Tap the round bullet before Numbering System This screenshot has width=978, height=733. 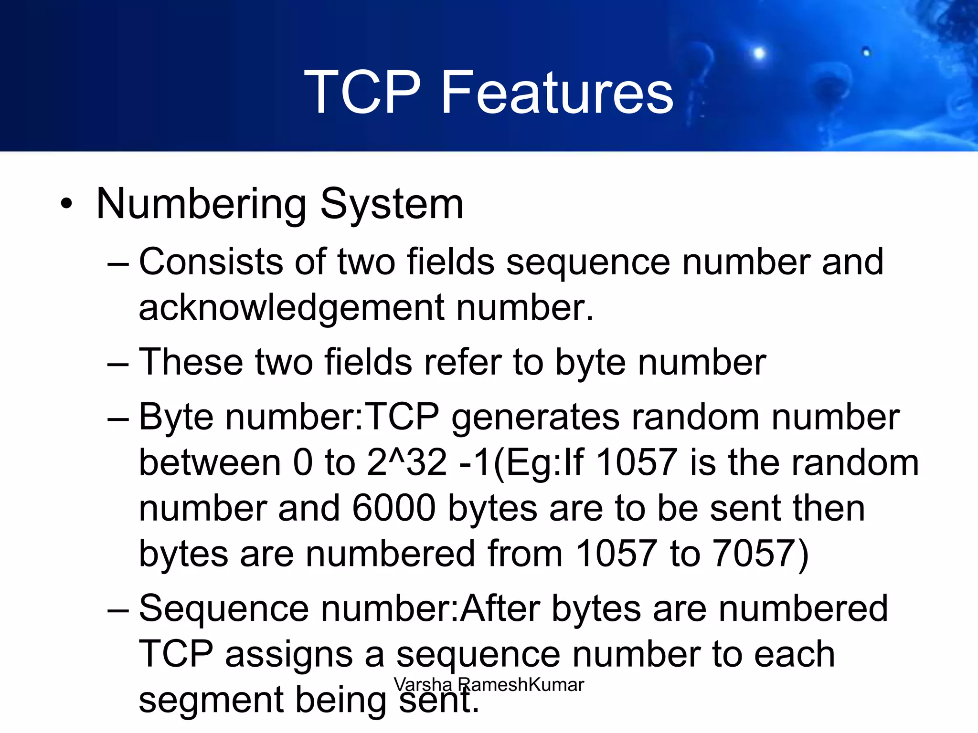(x=67, y=204)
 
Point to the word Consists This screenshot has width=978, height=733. (x=211, y=262)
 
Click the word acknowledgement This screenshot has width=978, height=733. (x=292, y=308)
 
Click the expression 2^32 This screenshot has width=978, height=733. (x=407, y=462)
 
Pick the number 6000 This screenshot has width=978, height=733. (x=394, y=508)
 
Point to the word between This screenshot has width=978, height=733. (x=210, y=462)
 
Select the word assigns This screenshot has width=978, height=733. (x=289, y=654)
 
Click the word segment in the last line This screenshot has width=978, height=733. (x=210, y=701)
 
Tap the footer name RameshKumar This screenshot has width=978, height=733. (x=521, y=685)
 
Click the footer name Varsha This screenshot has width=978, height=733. (x=423, y=685)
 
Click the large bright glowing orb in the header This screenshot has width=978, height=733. (x=759, y=53)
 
